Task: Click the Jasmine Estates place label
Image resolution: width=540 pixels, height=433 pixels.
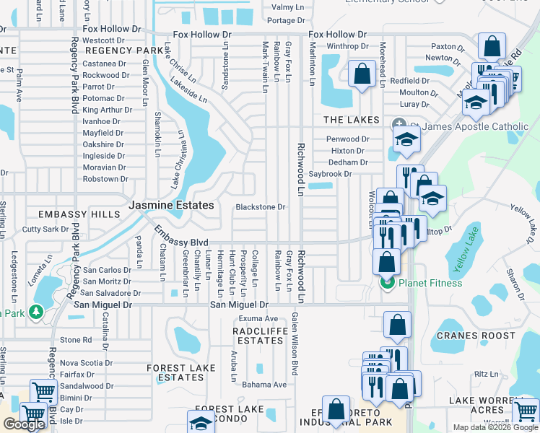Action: (x=171, y=206)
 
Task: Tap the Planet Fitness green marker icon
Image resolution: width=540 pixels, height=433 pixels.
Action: (x=386, y=283)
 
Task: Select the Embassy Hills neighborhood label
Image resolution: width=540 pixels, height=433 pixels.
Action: (x=79, y=215)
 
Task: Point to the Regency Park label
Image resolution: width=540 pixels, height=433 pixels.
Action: (x=125, y=51)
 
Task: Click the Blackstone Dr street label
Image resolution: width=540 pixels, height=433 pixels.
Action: (x=261, y=207)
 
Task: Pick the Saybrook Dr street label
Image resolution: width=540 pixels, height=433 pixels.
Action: (x=330, y=174)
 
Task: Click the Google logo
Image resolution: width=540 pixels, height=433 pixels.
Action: (x=24, y=425)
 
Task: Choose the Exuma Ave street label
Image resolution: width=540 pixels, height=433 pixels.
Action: (x=259, y=318)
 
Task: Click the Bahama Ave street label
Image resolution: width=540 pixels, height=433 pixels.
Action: (x=264, y=385)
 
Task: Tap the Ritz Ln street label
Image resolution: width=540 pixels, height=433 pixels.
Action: (x=487, y=375)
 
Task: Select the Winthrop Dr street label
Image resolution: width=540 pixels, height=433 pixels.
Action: (x=348, y=47)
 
